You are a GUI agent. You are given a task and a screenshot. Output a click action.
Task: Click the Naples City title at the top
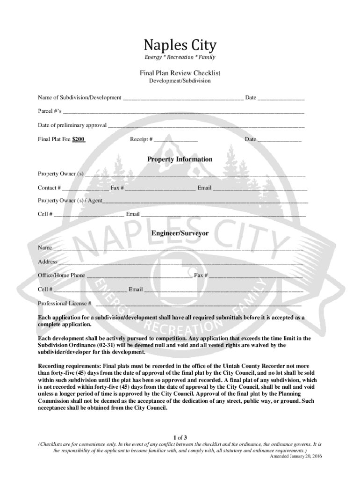180,46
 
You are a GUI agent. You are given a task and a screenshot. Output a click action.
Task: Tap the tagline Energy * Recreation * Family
180,58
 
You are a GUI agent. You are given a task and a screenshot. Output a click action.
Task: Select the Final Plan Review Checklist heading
180,73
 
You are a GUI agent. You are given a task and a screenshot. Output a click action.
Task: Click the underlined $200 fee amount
79,139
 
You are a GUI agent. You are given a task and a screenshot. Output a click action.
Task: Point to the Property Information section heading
180,160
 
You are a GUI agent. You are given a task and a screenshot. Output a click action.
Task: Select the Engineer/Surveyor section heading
180,233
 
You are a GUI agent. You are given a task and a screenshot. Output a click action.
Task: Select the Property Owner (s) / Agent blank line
205,202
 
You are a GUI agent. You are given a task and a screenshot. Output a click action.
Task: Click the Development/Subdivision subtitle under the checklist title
180,81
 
